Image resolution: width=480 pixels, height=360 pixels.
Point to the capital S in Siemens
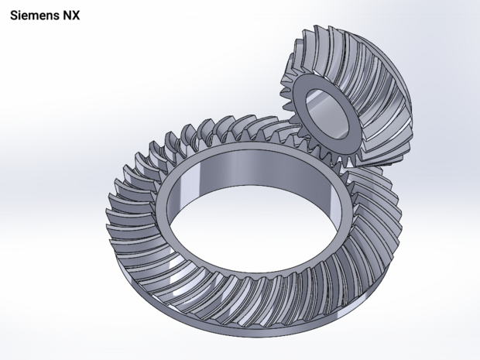pos(14,15)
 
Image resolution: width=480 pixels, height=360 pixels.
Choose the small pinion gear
pos(356,93)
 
